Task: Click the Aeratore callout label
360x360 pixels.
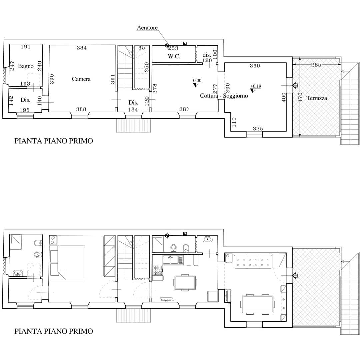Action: pyautogui.click(x=147, y=28)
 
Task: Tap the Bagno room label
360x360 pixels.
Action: pyautogui.click(x=26, y=66)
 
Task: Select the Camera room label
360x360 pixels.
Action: pyautogui.click(x=81, y=79)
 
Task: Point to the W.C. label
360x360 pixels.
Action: pyautogui.click(x=174, y=56)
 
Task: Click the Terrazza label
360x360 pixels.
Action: pyautogui.click(x=317, y=98)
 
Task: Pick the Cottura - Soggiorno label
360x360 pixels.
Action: pyautogui.click(x=224, y=96)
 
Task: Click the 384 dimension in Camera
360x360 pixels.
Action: pyautogui.click(x=82, y=48)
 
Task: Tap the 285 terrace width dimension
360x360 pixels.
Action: pyautogui.click(x=316, y=65)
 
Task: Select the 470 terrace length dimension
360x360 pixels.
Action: pyautogui.click(x=300, y=98)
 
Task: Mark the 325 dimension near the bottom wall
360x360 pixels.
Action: pyautogui.click(x=258, y=129)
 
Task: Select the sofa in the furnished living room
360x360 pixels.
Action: pyautogui.click(x=253, y=261)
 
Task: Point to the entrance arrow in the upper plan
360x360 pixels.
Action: pyautogui.click(x=295, y=85)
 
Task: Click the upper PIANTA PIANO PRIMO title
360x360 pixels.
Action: pyautogui.click(x=54, y=141)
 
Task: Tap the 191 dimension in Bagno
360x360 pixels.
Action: pyautogui.click(x=25, y=47)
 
